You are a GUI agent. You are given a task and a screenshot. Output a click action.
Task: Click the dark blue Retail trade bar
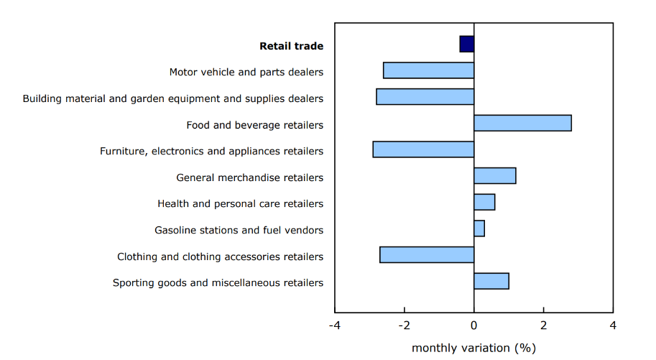[x=467, y=44]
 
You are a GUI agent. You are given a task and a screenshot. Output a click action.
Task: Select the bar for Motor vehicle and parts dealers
[x=429, y=70]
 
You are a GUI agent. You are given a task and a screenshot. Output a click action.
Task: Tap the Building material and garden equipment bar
[x=425, y=96]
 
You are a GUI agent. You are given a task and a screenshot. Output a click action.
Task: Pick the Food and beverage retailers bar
[x=522, y=123]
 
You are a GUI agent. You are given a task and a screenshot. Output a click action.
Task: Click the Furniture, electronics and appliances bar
[x=423, y=149]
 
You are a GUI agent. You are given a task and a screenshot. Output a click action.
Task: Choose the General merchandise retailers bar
[x=495, y=175]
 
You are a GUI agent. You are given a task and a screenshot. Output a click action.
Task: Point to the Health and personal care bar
[x=484, y=202]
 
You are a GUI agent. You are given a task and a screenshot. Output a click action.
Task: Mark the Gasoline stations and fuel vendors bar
[x=479, y=229]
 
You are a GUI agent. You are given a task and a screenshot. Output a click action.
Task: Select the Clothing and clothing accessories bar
[x=427, y=254]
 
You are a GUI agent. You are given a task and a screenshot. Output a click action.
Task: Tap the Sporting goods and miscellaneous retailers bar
[x=491, y=281]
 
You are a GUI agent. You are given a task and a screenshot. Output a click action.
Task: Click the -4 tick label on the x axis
[x=335, y=326]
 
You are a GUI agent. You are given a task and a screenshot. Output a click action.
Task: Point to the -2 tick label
[x=405, y=326]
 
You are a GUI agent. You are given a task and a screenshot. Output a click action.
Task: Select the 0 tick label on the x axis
[x=474, y=326]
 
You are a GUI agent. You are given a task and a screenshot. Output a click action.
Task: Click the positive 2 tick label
[x=544, y=326]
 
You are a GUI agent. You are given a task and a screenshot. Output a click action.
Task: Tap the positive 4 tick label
[x=613, y=326]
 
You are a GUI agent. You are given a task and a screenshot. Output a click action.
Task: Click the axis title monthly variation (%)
[x=474, y=348]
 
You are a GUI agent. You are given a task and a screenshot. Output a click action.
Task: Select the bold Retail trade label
[x=291, y=46]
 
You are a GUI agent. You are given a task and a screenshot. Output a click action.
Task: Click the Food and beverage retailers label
[x=254, y=125]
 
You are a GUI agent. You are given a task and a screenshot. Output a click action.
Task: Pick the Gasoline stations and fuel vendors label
[x=239, y=230]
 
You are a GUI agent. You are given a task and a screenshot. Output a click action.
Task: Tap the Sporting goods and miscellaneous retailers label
[x=218, y=283]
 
